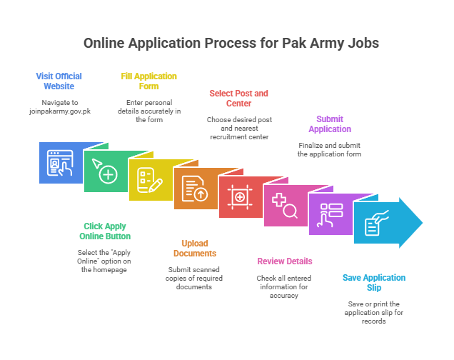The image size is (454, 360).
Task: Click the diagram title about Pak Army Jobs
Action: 231,43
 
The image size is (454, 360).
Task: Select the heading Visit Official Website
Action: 59,81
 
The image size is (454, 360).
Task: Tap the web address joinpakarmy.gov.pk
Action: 60,111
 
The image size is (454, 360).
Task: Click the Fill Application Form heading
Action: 148,81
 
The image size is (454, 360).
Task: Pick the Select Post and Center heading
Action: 239,98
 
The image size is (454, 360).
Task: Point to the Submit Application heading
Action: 330,124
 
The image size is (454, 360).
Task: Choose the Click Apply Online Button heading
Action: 105,231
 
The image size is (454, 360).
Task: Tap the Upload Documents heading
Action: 195,248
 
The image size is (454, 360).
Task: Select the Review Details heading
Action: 285,261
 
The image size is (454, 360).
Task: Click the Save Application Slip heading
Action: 374,282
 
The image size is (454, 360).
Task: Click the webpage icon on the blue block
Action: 60,163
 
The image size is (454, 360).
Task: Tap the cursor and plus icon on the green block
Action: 105,171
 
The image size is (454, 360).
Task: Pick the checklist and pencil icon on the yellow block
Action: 150,180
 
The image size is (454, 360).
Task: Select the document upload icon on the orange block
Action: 195,189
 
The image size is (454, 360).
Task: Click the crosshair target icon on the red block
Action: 240,197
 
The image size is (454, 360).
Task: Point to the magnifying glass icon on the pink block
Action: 285,206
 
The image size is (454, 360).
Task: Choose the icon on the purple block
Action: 330,214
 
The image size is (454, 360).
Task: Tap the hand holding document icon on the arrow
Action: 376,223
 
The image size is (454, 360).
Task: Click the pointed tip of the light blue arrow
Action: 423,223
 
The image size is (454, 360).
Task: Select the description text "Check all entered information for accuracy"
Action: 284,286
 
